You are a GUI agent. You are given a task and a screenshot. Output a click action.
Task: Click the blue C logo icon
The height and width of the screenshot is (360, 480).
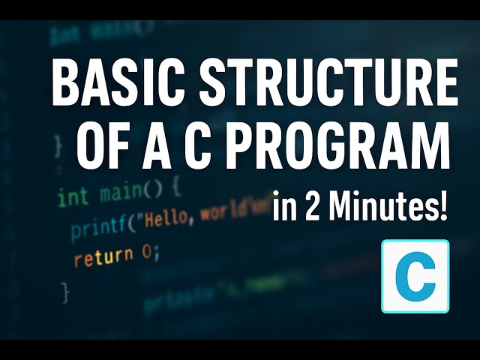[415, 276]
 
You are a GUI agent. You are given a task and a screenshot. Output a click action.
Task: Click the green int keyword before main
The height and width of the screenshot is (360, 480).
[72, 197]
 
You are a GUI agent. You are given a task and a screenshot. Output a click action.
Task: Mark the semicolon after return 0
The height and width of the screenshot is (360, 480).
[157, 254]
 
